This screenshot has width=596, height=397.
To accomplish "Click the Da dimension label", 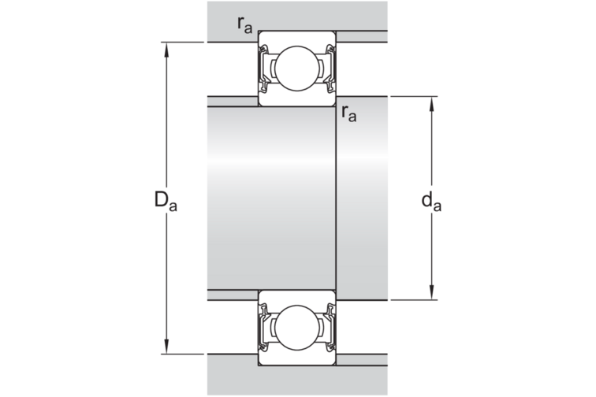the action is (x=166, y=201).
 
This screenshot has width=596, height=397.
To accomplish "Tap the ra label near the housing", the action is (x=244, y=25).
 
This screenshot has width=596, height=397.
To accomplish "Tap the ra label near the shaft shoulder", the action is (x=349, y=113).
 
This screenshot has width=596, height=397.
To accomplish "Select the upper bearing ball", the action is (x=297, y=69).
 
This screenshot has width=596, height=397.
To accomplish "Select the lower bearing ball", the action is (x=297, y=328).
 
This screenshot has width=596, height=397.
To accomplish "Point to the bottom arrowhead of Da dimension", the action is (x=166, y=347).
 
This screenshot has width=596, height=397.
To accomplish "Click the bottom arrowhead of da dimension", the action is (x=431, y=292).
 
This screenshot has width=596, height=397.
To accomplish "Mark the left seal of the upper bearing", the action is (x=263, y=69).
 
